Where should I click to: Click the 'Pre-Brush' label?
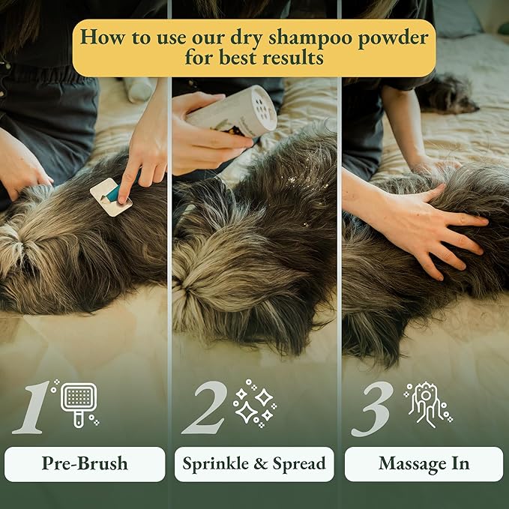point(84,464)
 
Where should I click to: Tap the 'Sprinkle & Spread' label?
point(254,464)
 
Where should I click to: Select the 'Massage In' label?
point(424,464)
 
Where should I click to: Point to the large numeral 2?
point(204,408)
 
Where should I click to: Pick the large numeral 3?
point(373,408)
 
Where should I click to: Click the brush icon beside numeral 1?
point(79,403)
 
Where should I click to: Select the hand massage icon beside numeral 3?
point(426,403)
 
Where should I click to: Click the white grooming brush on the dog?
point(109,197)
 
